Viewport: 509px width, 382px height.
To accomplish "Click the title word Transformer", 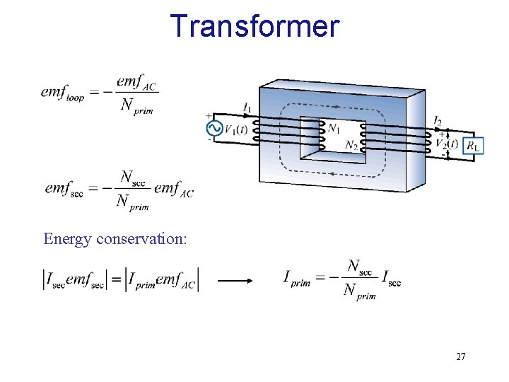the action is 255,26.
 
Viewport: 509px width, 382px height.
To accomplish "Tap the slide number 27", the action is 460,357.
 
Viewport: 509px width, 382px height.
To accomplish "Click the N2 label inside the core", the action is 351,146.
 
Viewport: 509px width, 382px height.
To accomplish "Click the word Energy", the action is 67,239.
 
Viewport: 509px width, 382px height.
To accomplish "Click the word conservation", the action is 141,239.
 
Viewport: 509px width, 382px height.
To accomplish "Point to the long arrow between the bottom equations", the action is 235,280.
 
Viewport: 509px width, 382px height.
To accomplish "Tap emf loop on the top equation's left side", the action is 62,93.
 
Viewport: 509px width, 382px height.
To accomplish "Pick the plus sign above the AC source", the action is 209,115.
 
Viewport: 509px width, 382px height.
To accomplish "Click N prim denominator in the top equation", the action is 136,106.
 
